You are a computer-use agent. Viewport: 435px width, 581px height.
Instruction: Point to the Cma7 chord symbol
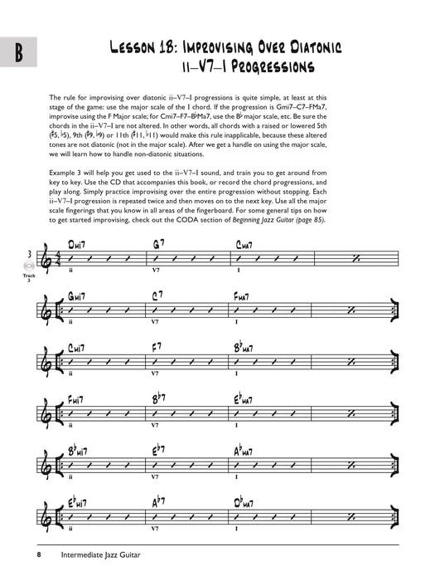tap(246, 245)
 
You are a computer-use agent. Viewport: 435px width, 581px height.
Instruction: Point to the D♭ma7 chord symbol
tap(249, 503)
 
